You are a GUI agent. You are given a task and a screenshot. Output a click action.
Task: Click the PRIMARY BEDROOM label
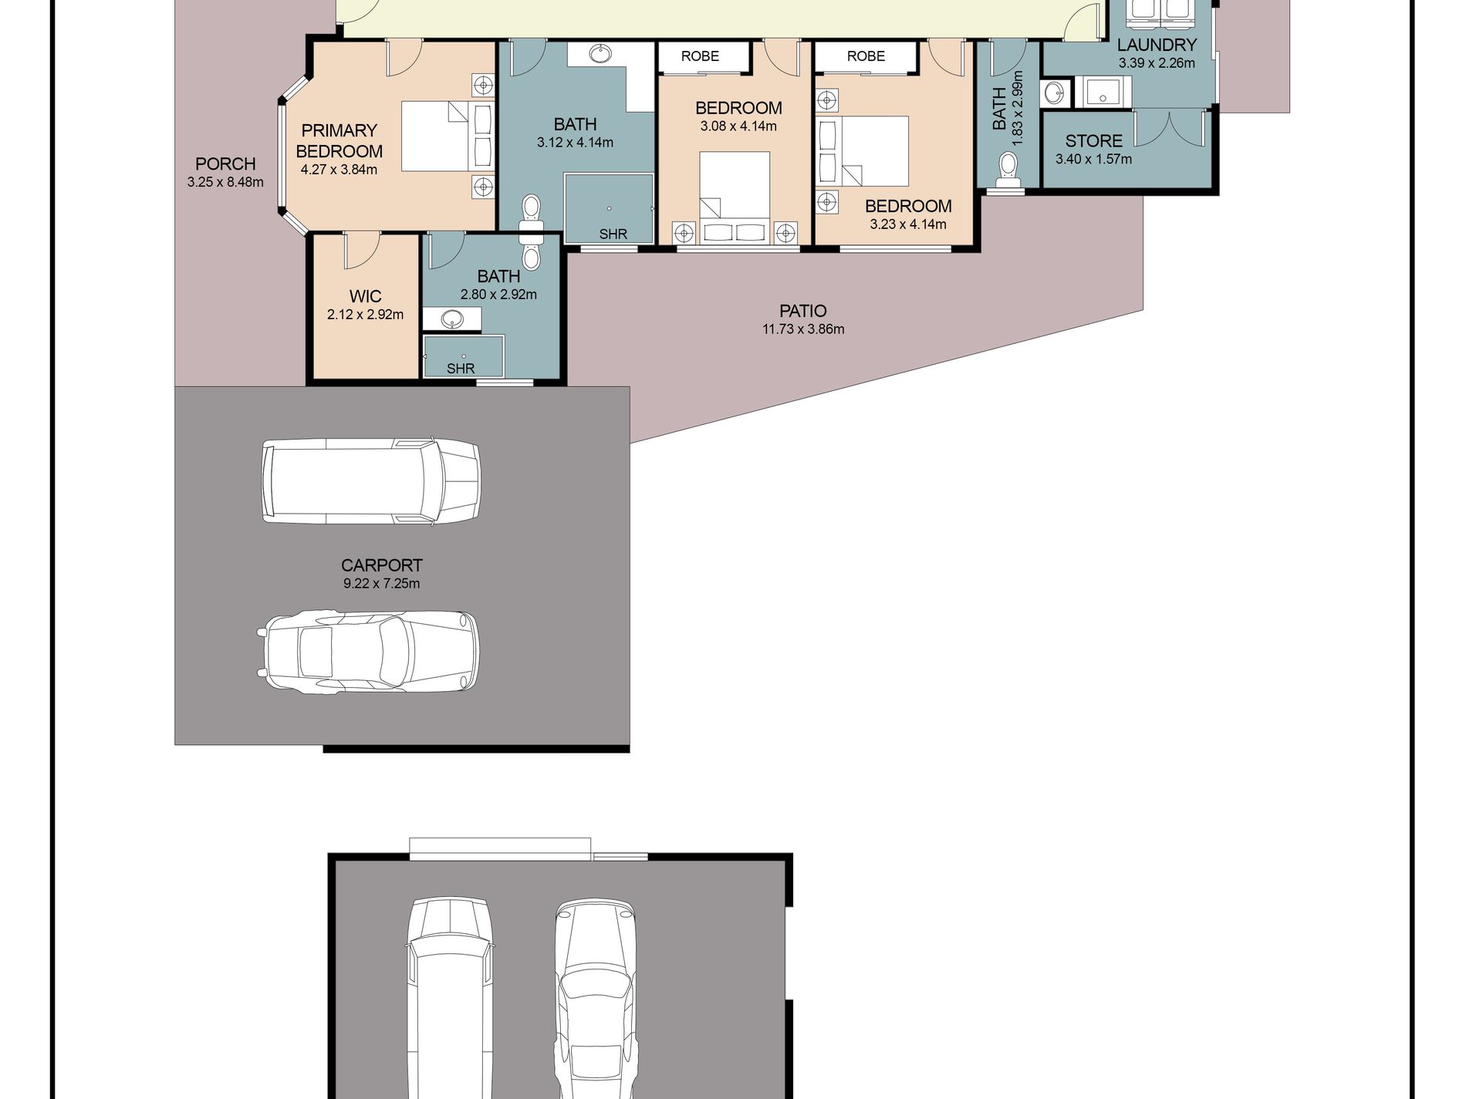click(x=339, y=140)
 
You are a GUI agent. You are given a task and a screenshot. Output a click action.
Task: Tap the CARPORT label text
click(x=382, y=565)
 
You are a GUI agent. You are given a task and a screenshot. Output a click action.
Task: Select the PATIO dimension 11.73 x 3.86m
click(x=803, y=329)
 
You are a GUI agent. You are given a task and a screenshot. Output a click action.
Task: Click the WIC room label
click(x=365, y=296)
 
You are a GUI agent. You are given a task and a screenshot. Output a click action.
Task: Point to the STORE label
click(x=1093, y=141)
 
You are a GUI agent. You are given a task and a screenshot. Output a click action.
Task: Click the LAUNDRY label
click(x=1157, y=45)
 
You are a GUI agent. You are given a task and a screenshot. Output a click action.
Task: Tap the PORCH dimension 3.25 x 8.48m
click(x=225, y=183)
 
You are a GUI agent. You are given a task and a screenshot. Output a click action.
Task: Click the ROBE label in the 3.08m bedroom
click(x=700, y=56)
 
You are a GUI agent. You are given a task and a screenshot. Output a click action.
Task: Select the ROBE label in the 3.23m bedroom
click(x=866, y=56)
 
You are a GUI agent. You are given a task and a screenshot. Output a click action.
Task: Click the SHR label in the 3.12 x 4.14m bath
click(x=613, y=234)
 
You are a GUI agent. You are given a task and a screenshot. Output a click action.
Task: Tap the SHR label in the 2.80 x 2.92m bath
click(x=461, y=369)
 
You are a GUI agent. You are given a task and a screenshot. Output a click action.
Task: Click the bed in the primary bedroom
click(x=448, y=137)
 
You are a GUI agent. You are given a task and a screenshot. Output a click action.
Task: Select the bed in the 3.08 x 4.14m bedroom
click(x=735, y=197)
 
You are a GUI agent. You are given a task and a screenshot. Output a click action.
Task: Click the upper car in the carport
click(x=371, y=482)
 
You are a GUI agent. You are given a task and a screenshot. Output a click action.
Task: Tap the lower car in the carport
click(x=368, y=652)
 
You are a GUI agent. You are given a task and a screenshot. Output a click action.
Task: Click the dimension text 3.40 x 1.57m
click(x=1093, y=160)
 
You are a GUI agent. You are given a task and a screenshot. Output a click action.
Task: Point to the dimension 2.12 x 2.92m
click(x=365, y=315)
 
